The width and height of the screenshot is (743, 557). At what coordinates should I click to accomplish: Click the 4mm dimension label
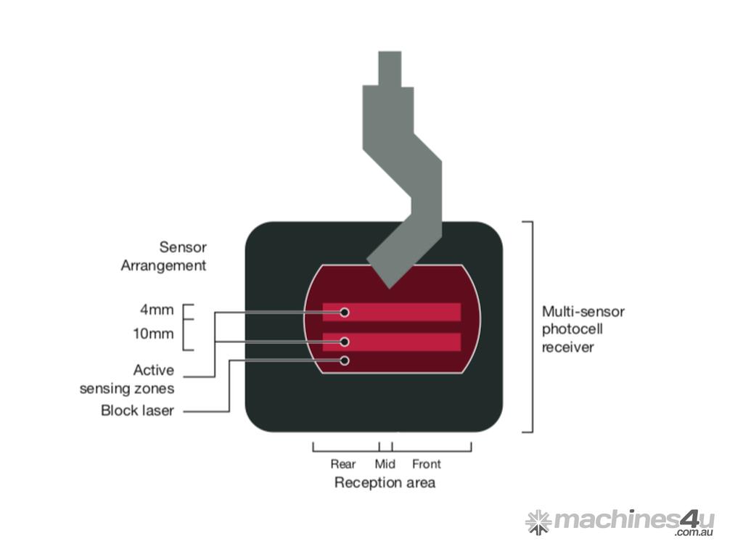point(157,310)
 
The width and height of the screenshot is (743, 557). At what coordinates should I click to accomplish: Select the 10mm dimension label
point(154,334)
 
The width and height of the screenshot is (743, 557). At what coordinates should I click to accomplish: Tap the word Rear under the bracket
point(343,464)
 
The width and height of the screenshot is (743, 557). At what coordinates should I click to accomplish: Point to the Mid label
point(385,464)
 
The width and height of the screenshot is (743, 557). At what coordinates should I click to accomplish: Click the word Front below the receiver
point(426,464)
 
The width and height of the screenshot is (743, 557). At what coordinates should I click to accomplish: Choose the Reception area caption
point(385,482)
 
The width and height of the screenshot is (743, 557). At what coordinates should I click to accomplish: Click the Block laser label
point(137,410)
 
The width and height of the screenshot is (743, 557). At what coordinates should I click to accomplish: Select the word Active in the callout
point(154,371)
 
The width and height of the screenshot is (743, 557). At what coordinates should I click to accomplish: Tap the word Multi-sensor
point(583,312)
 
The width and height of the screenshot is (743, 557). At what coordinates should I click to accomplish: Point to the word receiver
point(568,347)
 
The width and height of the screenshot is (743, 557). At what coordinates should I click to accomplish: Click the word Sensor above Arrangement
point(183,247)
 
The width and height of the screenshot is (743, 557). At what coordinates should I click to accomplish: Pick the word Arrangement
point(163,265)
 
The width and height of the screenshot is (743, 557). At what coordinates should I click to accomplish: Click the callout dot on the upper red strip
point(345,312)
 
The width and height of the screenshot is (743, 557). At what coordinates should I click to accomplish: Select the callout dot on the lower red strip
point(345,342)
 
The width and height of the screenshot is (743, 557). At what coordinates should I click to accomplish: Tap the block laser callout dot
point(345,360)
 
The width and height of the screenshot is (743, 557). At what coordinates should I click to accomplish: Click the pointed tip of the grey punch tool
point(390,287)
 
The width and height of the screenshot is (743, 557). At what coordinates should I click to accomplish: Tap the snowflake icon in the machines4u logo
point(538,522)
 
